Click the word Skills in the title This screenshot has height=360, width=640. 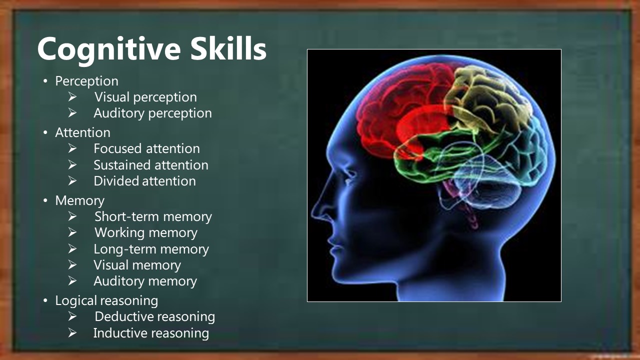(x=228, y=48)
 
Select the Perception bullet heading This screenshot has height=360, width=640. (x=86, y=81)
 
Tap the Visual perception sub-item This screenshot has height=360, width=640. (x=145, y=97)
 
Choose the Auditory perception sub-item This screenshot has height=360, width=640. (x=153, y=113)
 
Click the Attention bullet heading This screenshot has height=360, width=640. (x=82, y=132)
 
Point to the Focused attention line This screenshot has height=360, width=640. (x=147, y=149)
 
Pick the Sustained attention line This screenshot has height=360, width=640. (x=151, y=165)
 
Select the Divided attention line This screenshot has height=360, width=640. (x=145, y=181)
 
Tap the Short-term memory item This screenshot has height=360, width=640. (x=153, y=216)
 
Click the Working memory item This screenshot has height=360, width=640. (x=146, y=233)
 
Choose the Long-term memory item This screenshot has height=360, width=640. (x=151, y=249)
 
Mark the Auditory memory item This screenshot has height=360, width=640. (x=145, y=281)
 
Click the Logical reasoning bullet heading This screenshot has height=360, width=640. (x=106, y=301)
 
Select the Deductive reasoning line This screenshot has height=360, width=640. (x=155, y=317)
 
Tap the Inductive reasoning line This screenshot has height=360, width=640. (x=151, y=333)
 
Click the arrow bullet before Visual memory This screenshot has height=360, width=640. (x=72, y=265)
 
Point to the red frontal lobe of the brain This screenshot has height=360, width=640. (x=400, y=111)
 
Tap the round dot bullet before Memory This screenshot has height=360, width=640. (x=45, y=200)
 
